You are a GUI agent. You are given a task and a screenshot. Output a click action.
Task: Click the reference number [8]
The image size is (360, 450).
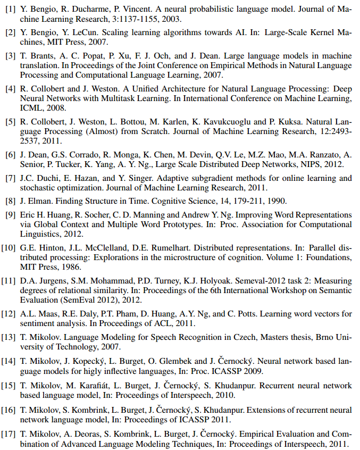[x=10, y=201]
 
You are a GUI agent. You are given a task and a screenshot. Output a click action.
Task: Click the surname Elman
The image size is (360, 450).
[x=38, y=201]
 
